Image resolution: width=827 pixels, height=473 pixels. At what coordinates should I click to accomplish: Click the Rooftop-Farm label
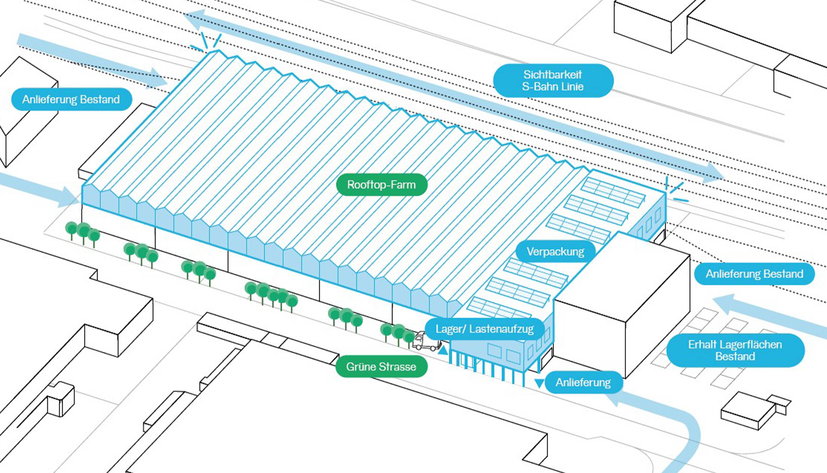point(381,184)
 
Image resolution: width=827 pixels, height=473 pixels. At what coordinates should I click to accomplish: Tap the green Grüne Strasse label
point(381,366)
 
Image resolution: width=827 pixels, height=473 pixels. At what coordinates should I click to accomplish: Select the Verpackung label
point(555,251)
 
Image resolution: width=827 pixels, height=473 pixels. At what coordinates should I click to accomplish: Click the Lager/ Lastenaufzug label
point(484,329)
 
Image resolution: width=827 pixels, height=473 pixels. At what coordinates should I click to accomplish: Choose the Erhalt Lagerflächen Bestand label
point(735,350)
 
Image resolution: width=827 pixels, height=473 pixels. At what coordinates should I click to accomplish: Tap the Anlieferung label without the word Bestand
point(583,382)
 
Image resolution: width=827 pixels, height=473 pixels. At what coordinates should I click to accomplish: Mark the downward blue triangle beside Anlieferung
point(539,383)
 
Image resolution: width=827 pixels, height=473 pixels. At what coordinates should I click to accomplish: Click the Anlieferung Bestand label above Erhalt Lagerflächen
point(754,274)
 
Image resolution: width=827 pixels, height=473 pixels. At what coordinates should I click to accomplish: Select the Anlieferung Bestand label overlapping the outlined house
point(71,99)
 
